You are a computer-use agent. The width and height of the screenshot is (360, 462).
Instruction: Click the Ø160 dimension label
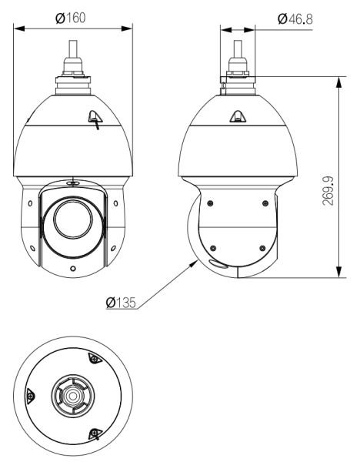[x=70, y=18]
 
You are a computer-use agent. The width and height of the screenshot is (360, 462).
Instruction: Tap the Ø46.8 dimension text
[x=295, y=19]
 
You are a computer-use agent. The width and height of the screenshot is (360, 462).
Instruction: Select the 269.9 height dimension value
[x=328, y=191]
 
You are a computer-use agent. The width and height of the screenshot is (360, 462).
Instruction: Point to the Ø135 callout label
[x=121, y=303]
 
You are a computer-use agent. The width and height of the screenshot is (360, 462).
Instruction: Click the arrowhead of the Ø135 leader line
[x=194, y=263]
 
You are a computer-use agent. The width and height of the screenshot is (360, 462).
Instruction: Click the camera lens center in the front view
[x=73, y=219]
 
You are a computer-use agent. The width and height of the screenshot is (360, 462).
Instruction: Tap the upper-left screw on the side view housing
[x=210, y=203]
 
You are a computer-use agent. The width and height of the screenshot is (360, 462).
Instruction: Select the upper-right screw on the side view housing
[x=265, y=203]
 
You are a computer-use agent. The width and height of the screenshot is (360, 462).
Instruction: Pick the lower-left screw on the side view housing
[x=213, y=248]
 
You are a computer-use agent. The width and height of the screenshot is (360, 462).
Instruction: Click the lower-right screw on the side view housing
[x=262, y=248]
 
